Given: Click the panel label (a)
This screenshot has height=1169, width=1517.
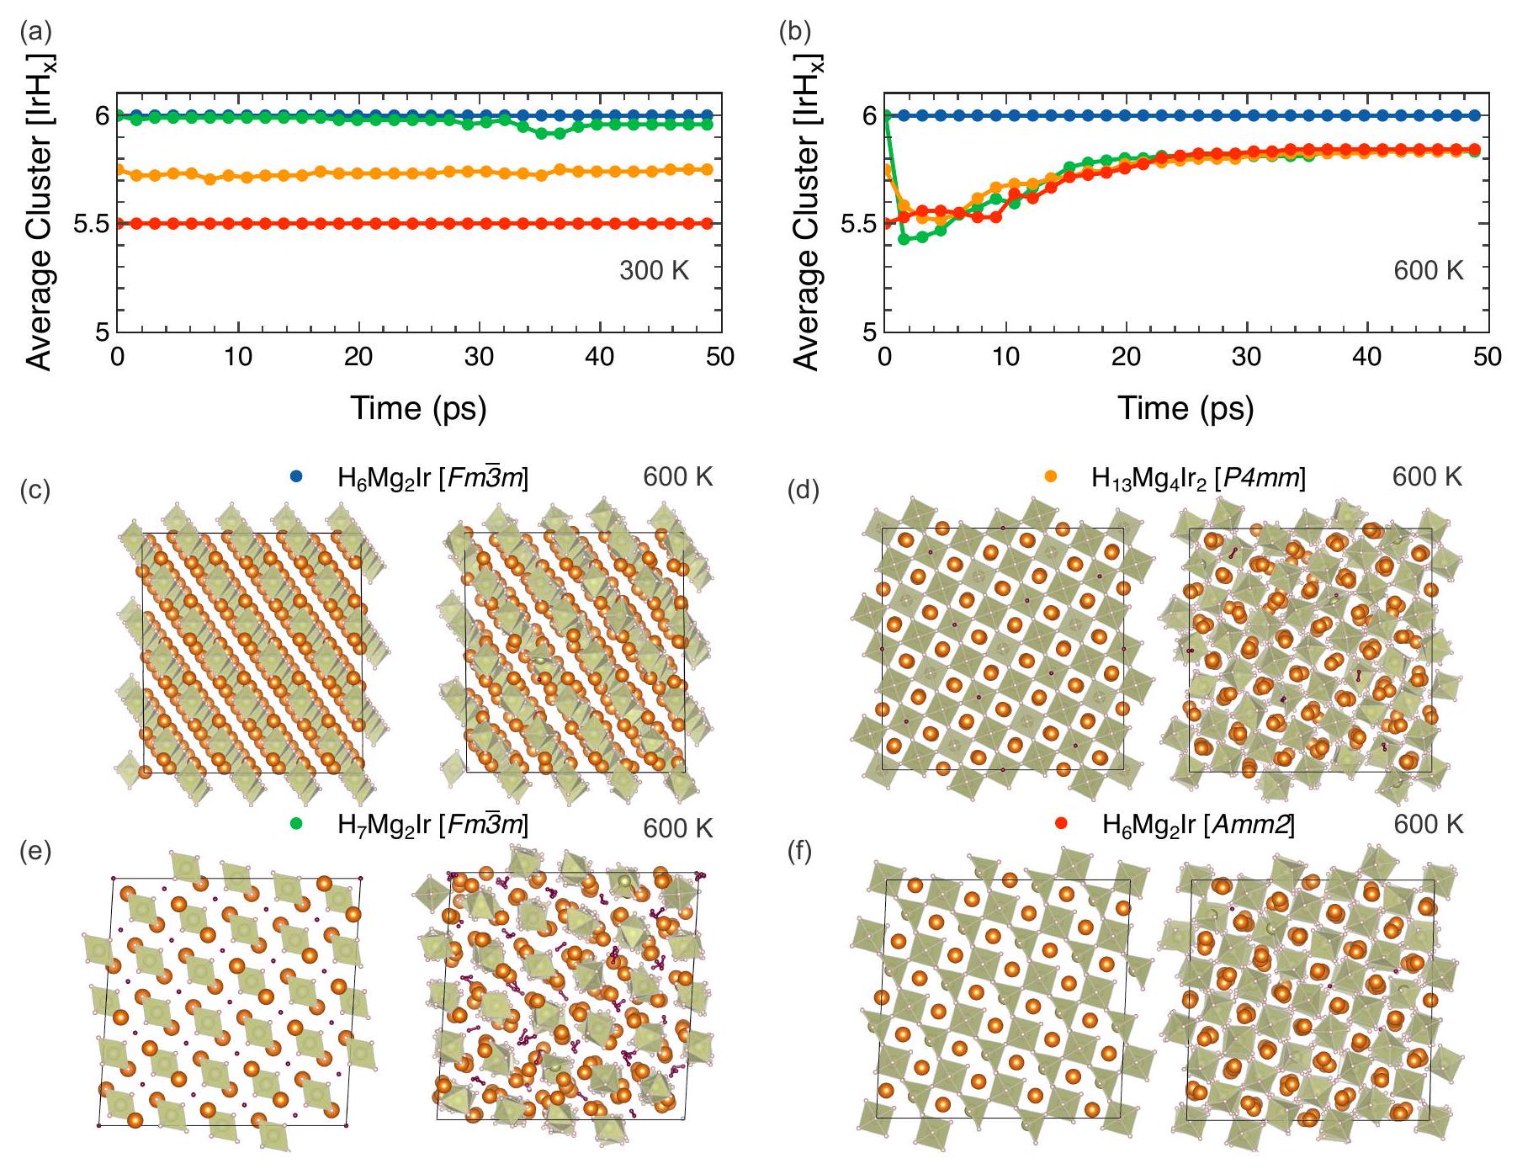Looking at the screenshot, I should click(35, 33).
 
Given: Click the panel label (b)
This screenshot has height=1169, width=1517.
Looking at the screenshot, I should click(795, 33).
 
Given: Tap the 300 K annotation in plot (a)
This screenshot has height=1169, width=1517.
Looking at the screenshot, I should click(654, 270).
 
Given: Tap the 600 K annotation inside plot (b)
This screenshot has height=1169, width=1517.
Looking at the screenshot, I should click(1428, 270).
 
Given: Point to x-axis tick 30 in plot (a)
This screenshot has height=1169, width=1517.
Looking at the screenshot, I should click(479, 357).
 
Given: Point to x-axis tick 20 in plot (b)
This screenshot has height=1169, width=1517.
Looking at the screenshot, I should click(1126, 357).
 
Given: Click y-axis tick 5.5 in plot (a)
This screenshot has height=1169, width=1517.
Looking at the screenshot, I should click(92, 224).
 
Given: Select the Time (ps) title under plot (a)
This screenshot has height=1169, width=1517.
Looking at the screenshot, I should click(418, 408).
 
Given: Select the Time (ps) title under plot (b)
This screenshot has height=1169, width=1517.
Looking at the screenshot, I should click(1185, 408).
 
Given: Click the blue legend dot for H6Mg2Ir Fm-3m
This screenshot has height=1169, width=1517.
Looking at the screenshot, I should click(296, 477).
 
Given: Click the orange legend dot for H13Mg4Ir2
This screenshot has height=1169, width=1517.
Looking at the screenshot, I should click(1051, 477).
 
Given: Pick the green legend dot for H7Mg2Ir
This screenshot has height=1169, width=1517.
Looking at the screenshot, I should click(296, 824).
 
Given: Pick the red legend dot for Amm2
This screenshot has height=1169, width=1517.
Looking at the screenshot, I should click(1061, 824).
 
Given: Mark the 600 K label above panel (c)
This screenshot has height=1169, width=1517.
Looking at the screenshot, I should click(677, 477).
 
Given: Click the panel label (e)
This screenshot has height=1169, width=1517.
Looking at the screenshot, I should click(35, 852).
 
